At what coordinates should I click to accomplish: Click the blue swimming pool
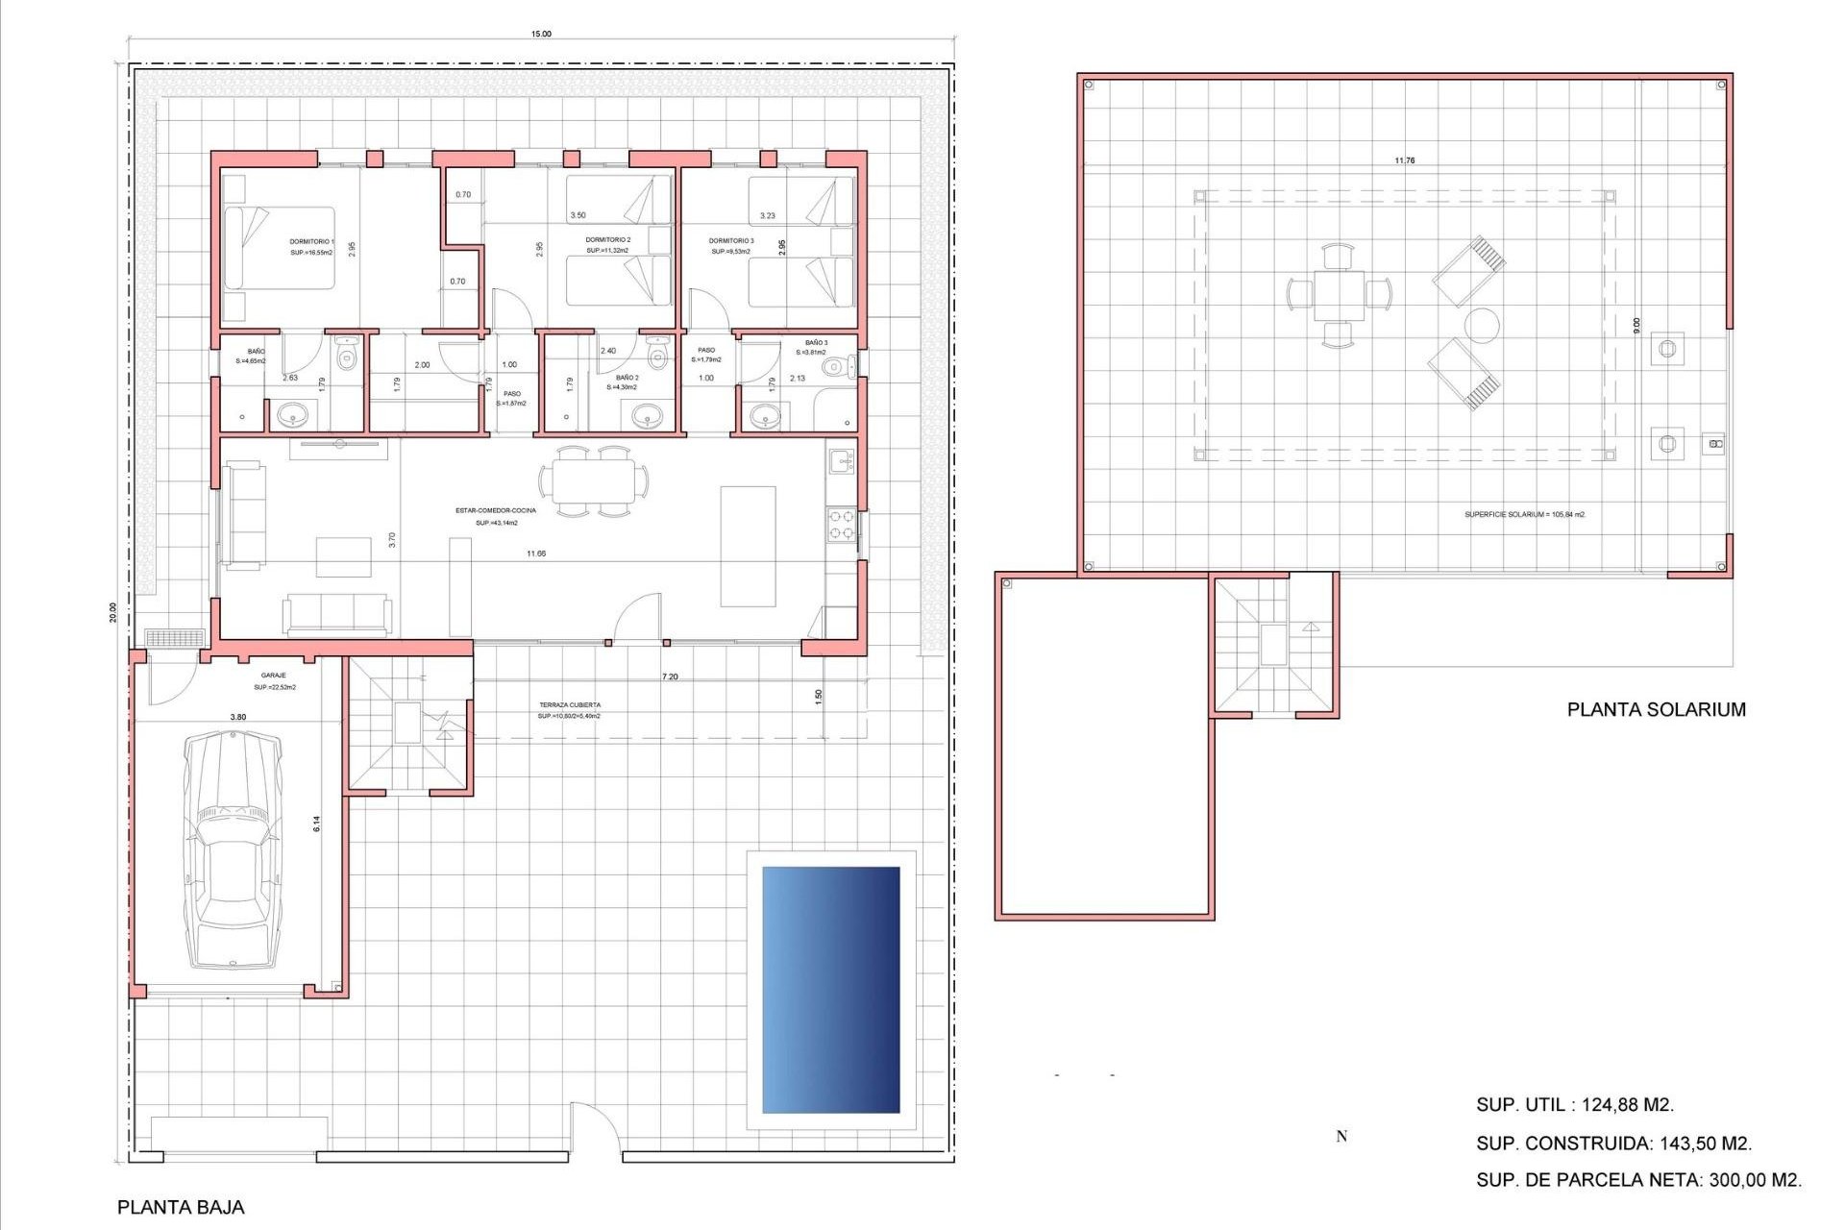click(830, 990)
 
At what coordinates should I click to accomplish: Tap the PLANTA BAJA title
click(181, 1207)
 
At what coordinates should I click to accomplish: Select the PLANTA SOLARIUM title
click(1656, 710)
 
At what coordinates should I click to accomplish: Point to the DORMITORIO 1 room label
click(311, 242)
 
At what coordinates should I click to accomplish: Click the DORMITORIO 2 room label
click(607, 240)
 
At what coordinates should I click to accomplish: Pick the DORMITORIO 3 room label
click(730, 241)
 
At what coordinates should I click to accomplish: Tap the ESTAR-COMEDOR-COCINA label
click(496, 511)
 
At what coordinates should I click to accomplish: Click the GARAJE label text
click(273, 676)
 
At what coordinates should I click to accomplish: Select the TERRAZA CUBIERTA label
click(569, 705)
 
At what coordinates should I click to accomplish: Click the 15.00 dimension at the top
click(541, 35)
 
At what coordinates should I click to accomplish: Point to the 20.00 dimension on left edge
click(113, 612)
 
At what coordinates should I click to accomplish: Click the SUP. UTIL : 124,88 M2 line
click(1575, 1105)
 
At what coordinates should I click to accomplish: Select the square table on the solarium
click(1339, 295)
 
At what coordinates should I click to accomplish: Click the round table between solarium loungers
click(1481, 326)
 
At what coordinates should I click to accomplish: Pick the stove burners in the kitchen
click(842, 525)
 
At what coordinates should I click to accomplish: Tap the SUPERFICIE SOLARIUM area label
click(1524, 515)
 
